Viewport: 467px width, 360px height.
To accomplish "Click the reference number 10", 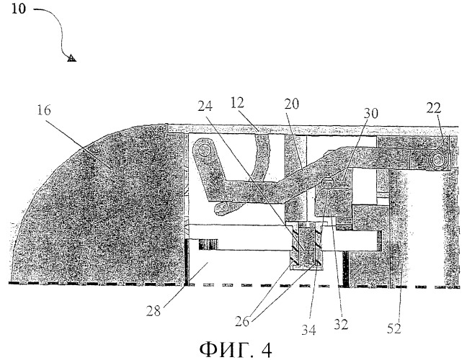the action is [x=19, y=9].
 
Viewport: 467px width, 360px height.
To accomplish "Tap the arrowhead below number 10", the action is [x=71, y=58].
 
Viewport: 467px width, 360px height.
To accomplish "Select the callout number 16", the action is [x=44, y=110].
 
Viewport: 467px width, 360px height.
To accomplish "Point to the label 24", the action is [x=205, y=106].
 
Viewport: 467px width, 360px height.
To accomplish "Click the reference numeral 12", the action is [x=237, y=103].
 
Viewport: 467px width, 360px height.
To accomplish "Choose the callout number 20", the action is [x=291, y=104].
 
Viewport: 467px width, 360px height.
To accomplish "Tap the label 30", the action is [x=370, y=113].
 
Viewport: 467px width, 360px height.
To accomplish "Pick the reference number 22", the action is [x=433, y=108].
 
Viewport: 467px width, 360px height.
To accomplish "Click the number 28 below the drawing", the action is [x=154, y=311].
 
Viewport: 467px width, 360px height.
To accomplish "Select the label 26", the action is [x=242, y=322].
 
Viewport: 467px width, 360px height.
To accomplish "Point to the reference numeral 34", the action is [x=308, y=330].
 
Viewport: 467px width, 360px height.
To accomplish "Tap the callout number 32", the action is [x=341, y=324].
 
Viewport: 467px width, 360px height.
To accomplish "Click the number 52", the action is [x=394, y=328].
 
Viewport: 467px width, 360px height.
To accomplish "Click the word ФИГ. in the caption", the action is [x=225, y=350].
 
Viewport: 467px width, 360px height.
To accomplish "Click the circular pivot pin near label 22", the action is [x=437, y=161].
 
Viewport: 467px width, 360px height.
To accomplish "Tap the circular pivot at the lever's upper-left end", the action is [x=204, y=150].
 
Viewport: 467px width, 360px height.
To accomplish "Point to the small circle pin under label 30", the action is [x=327, y=181].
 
